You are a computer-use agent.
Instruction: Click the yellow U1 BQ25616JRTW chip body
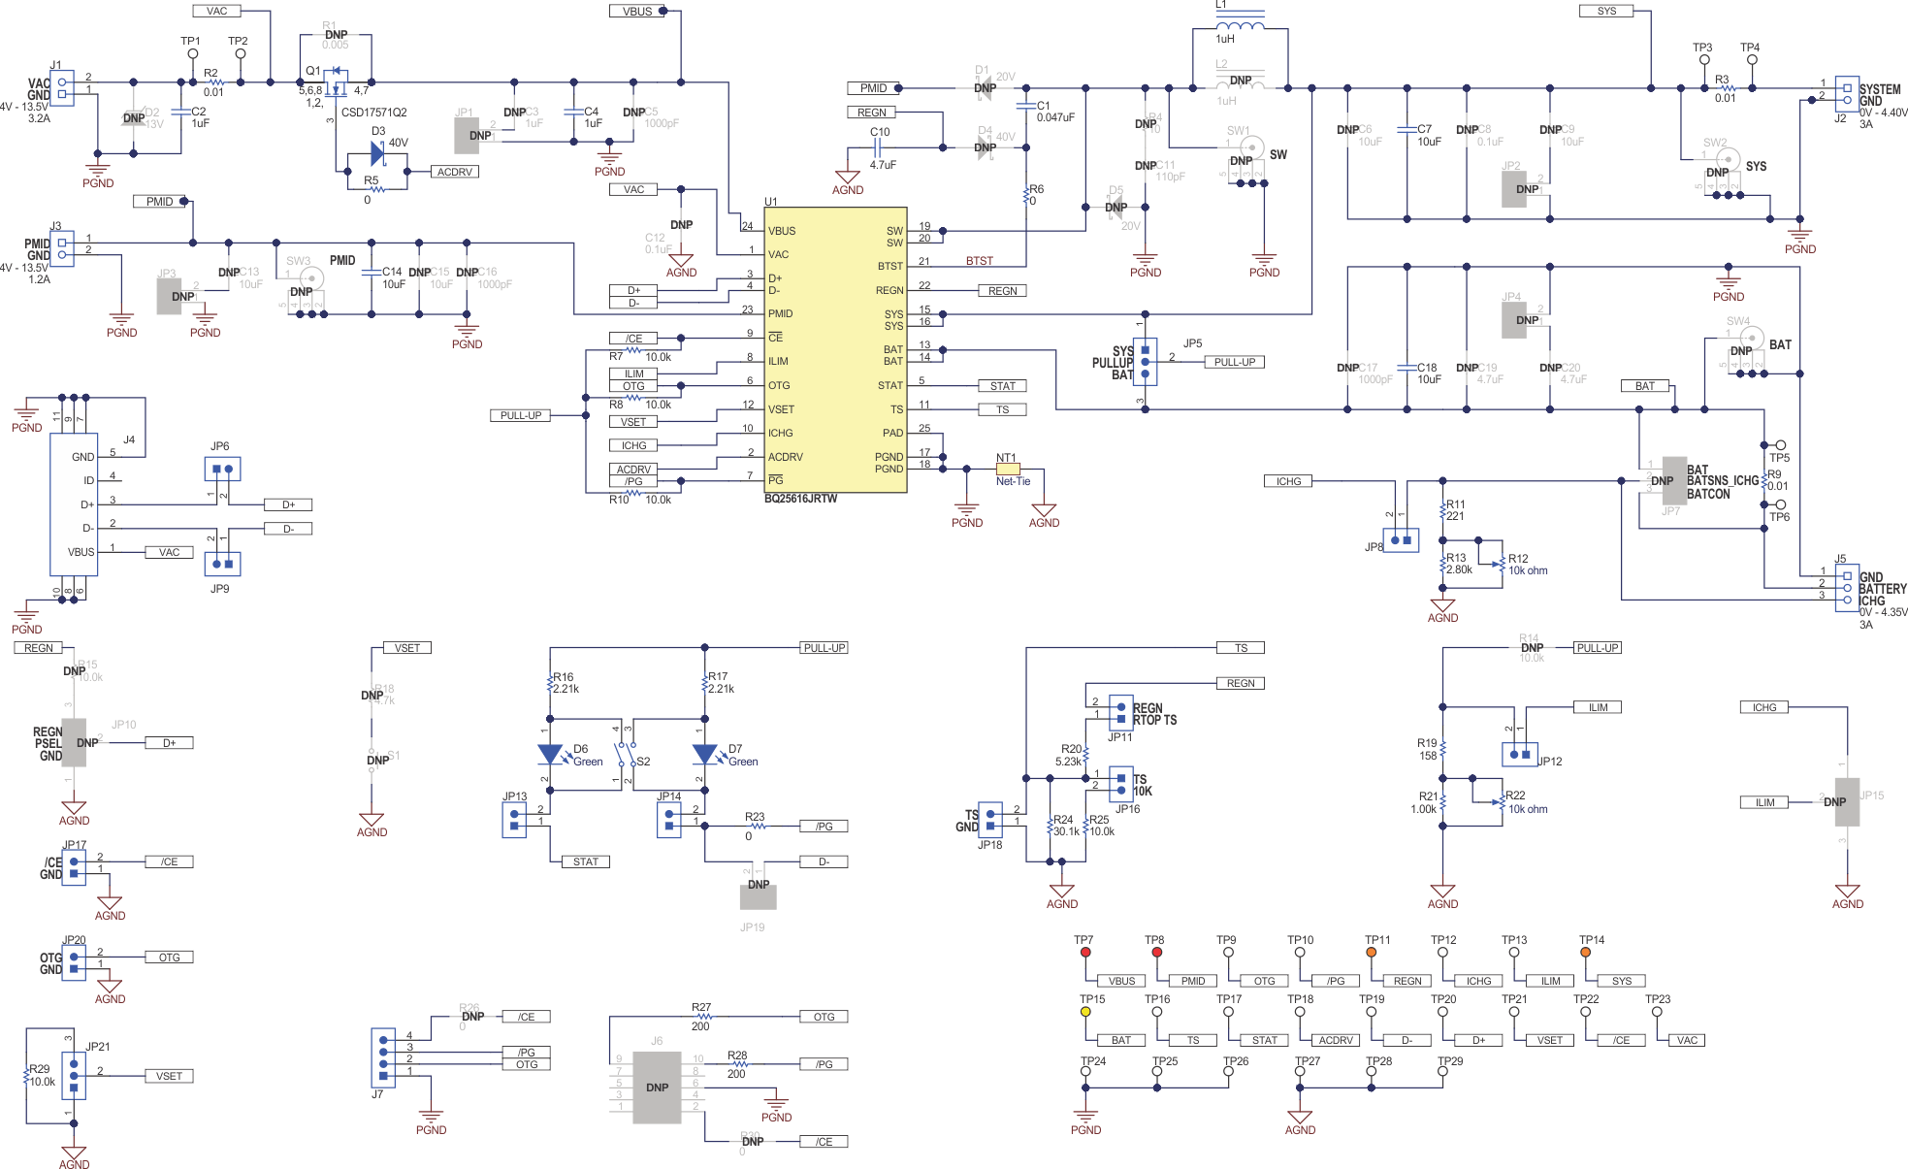(835, 349)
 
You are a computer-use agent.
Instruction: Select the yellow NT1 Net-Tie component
(1008, 470)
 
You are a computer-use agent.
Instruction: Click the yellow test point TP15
(1085, 1012)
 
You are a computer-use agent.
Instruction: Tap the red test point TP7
(1085, 952)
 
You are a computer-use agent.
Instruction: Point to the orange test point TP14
(1585, 952)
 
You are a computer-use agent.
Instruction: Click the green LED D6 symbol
(550, 754)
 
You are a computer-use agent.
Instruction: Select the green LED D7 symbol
(704, 754)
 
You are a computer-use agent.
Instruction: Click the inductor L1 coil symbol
(1240, 24)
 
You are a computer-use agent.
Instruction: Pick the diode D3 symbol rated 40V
(378, 153)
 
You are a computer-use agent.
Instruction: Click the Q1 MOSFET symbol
(337, 82)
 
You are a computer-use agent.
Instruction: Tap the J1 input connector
(62, 88)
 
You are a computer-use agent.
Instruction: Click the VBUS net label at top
(637, 12)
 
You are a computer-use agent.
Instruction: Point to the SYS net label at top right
(1607, 11)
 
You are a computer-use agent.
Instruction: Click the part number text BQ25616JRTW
(800, 499)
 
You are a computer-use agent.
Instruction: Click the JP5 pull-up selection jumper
(1145, 361)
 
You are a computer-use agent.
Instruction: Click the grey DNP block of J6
(657, 1088)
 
